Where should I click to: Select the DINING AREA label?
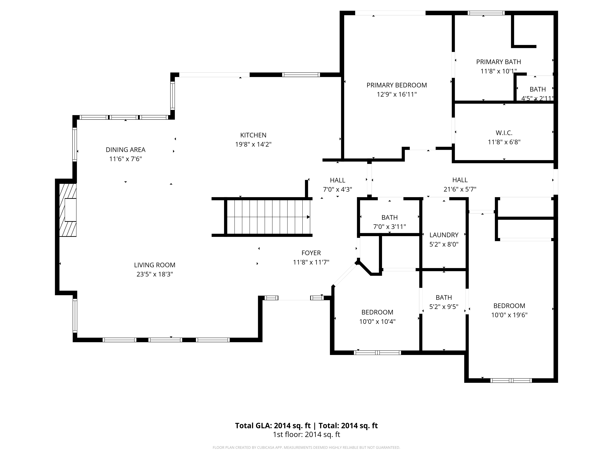[x=126, y=150]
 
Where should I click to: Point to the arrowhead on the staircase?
[x=308, y=217]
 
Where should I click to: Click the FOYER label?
[x=311, y=253]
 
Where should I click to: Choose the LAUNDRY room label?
[x=444, y=235]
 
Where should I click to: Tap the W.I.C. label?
[x=504, y=133]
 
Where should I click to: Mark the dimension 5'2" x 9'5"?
[x=444, y=307]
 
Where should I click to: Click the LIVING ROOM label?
[x=155, y=265]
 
